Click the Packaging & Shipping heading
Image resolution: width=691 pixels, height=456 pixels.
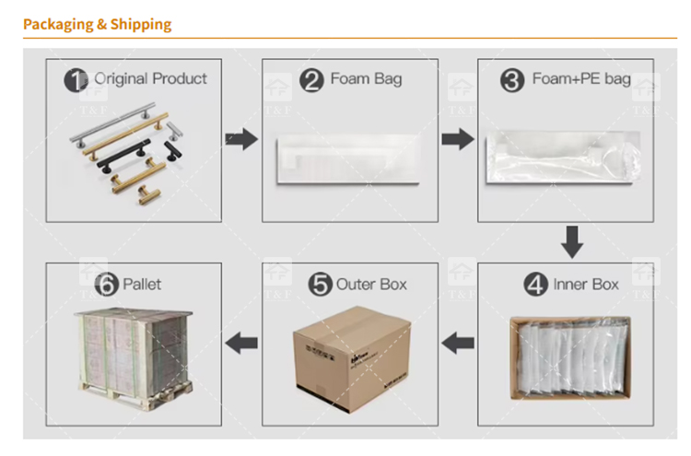coord(97,24)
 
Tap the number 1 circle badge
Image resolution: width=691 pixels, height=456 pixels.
coord(76,80)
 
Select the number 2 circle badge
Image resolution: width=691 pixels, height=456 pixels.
coord(311,81)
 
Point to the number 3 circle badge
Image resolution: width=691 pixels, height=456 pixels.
coord(512,81)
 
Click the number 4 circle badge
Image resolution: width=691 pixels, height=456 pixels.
coord(535,285)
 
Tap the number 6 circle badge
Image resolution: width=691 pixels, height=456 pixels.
coord(107,284)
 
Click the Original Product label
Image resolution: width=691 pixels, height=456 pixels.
coord(151,79)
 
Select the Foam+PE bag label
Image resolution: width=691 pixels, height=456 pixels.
coord(581,79)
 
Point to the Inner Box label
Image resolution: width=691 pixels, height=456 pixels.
coord(586,285)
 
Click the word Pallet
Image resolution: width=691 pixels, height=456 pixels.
coord(142,285)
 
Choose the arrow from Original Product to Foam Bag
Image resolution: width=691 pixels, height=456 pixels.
coord(241,139)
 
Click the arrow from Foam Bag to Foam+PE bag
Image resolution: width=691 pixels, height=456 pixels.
coord(458,139)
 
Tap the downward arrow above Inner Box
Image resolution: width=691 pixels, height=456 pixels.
coord(572,242)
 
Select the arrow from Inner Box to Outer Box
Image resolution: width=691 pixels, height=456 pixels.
coord(458,343)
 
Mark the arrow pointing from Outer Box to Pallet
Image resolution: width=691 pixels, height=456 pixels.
coord(241,343)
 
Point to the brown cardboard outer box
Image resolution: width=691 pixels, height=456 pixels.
coord(351,359)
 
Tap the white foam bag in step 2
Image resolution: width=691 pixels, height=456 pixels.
coord(348,159)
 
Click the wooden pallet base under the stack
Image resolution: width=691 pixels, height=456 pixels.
coord(136,394)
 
